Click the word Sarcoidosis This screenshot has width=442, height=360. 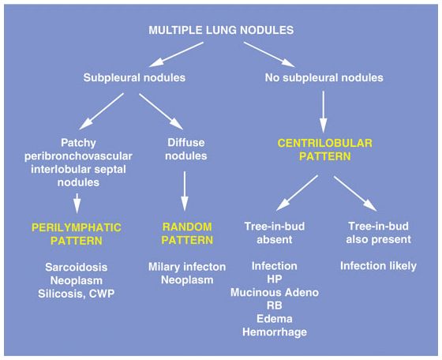click(77, 268)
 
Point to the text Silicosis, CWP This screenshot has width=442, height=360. click(77, 294)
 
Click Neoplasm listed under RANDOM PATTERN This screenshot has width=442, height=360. click(183, 281)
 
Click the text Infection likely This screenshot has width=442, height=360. click(377, 266)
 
